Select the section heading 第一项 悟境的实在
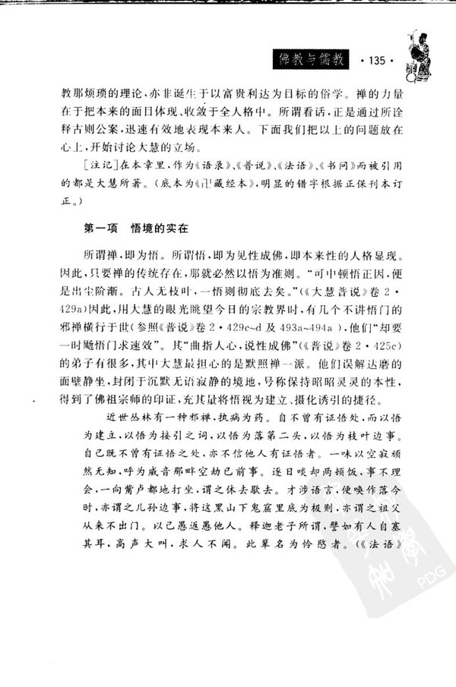coord(133,226)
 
